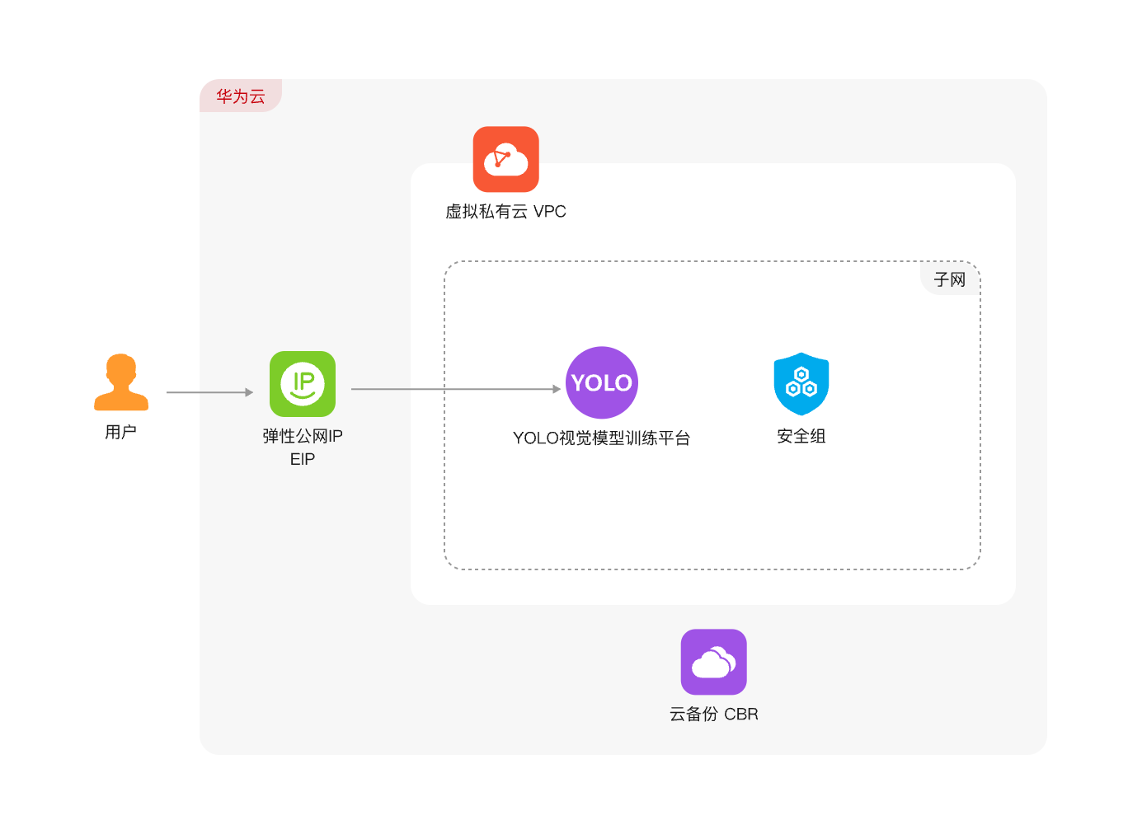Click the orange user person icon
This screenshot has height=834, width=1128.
121,382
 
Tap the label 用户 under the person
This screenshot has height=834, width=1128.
120,432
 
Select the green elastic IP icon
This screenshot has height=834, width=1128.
302,384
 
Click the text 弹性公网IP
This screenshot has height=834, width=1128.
302,436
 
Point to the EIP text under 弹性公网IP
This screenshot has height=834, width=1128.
302,459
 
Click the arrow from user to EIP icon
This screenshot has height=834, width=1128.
209,391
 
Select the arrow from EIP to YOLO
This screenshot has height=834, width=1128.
456,389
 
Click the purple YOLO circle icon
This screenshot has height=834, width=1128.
602,382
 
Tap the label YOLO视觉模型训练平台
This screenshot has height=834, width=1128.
601,438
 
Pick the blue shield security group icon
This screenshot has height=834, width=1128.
801,384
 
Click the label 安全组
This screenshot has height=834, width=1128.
801,436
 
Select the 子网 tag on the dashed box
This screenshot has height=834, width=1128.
950,279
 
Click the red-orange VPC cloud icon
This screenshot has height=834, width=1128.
505,159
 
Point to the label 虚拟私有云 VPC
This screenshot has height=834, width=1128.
505,211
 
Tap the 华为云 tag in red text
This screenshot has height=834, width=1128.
241,96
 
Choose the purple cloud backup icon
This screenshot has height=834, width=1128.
713,662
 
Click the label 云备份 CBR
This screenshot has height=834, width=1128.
713,714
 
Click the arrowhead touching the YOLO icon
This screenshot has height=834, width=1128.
557,389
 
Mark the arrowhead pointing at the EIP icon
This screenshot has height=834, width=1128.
249,391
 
